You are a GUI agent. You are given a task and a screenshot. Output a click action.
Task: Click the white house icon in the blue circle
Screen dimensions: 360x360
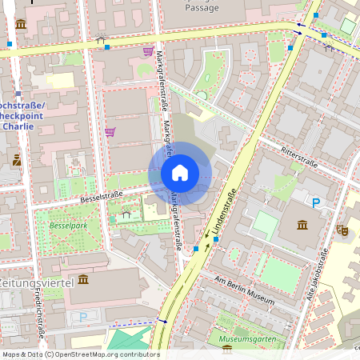[x=179, y=172]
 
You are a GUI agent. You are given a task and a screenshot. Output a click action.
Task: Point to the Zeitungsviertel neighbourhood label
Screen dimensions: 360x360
[x=35, y=282]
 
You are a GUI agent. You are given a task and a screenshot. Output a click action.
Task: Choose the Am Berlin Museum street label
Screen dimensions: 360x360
[x=245, y=289]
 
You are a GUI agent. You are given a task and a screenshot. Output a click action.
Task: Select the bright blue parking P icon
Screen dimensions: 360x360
[x=317, y=203]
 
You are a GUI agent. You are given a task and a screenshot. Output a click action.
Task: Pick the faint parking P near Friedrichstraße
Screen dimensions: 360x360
[x=82, y=316]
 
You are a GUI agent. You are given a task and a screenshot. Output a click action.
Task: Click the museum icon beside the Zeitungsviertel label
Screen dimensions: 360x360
[x=83, y=281]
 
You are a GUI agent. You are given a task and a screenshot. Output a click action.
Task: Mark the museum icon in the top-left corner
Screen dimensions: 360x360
[x=21, y=24]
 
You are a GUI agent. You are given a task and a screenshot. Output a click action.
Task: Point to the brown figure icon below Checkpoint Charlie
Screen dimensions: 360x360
[x=17, y=160]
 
